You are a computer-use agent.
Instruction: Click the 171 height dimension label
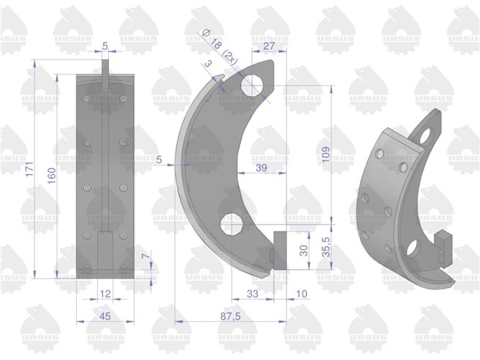30,169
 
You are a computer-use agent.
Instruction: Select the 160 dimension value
52,176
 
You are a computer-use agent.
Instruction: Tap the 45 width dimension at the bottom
105,316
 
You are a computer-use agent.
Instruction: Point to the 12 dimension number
105,294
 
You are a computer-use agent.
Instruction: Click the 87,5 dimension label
230,316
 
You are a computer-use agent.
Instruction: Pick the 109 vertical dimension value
326,154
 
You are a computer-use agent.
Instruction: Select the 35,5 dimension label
326,248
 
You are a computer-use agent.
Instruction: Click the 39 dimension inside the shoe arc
261,168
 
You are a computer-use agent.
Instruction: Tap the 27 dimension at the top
269,46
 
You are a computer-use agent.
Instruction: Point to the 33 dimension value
253,294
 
